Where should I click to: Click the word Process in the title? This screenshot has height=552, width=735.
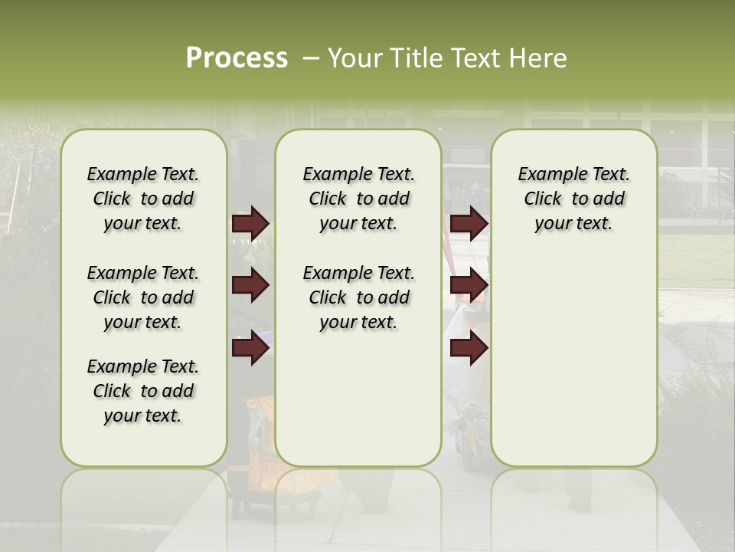click(237, 58)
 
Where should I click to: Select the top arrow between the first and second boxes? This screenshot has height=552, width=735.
click(250, 223)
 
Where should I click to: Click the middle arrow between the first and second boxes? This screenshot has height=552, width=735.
click(250, 286)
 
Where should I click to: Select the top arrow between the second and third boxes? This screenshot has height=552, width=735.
click(469, 223)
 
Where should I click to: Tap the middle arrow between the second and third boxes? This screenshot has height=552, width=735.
click(469, 286)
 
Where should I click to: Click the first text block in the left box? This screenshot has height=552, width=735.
click(143, 199)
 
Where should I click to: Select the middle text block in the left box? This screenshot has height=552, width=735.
click(143, 297)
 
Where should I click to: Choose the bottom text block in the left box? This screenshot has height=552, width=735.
click(143, 391)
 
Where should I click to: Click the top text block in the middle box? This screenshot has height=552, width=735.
click(358, 199)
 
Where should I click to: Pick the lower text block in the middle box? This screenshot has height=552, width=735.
click(358, 297)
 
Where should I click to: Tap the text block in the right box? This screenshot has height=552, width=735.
click(573, 199)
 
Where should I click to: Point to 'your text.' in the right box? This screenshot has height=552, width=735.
click(573, 224)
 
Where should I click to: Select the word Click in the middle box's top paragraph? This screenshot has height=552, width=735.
click(328, 199)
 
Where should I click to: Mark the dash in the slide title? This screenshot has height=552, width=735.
click(310, 58)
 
